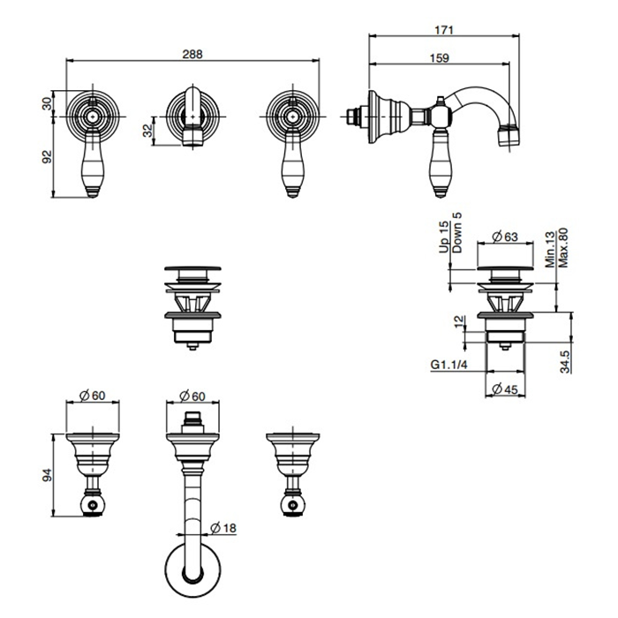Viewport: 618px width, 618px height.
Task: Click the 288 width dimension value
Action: (192, 54)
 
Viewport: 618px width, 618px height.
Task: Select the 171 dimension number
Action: (444, 30)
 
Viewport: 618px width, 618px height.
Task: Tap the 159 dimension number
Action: (439, 58)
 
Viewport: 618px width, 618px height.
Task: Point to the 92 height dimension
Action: (48, 157)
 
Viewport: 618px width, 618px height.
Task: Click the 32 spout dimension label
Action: (147, 131)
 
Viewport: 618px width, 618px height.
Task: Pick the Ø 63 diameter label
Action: (505, 237)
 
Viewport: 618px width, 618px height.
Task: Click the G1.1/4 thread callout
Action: (448, 365)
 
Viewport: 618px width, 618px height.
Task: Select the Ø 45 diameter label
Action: (505, 389)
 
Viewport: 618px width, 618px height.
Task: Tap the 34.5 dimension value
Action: (565, 361)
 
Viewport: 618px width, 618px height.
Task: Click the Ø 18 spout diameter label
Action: (223, 528)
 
